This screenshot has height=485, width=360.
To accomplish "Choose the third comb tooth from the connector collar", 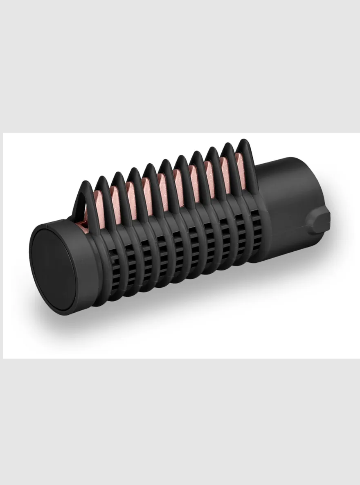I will [x=214, y=168].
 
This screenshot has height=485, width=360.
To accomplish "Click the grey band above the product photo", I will [x=180, y=65].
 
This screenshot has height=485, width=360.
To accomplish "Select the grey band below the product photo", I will [x=180, y=422].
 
